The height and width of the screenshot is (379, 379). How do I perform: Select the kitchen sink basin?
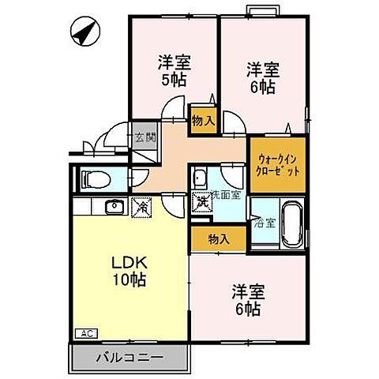tap(111, 207)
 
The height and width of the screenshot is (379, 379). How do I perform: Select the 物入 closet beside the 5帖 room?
tap(202, 119)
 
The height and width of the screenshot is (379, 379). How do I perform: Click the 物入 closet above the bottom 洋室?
tap(219, 238)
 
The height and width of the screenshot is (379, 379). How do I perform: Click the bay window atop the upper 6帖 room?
tap(261, 9)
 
